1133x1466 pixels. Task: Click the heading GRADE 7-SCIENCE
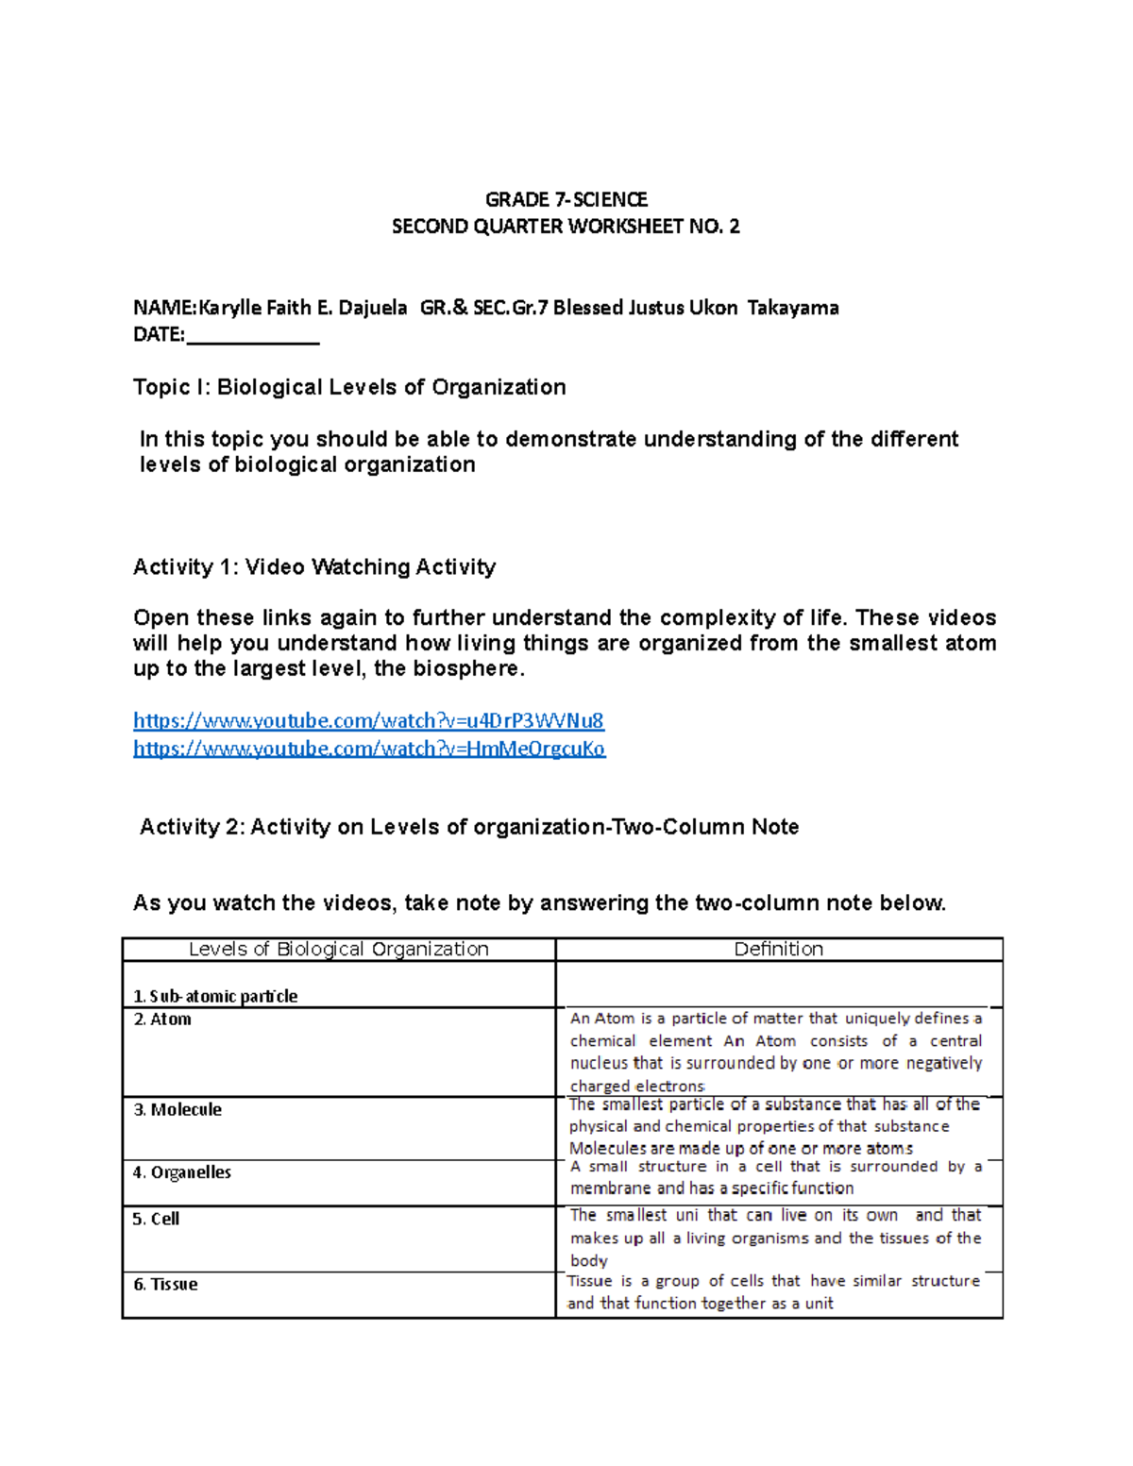coord(566,199)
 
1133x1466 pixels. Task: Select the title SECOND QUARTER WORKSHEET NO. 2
coord(566,227)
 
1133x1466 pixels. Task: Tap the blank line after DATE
coord(253,336)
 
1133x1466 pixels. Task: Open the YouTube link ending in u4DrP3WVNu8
coord(368,721)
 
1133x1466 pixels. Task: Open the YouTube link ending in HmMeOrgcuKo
coord(369,749)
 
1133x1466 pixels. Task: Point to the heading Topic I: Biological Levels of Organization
coord(349,387)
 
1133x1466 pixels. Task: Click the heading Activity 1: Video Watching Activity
coord(314,566)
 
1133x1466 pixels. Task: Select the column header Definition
coord(779,949)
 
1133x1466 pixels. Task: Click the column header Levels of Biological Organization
coord(338,949)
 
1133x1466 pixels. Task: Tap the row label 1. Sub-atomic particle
coord(215,996)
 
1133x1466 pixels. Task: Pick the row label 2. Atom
coord(162,1019)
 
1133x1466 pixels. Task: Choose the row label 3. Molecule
coord(178,1110)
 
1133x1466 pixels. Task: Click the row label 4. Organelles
coord(182,1172)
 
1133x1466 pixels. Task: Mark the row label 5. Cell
coord(156,1219)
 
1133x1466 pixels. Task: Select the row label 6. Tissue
coord(165,1285)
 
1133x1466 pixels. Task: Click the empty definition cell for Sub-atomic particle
coord(779,985)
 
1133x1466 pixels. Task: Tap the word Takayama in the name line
coord(793,308)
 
